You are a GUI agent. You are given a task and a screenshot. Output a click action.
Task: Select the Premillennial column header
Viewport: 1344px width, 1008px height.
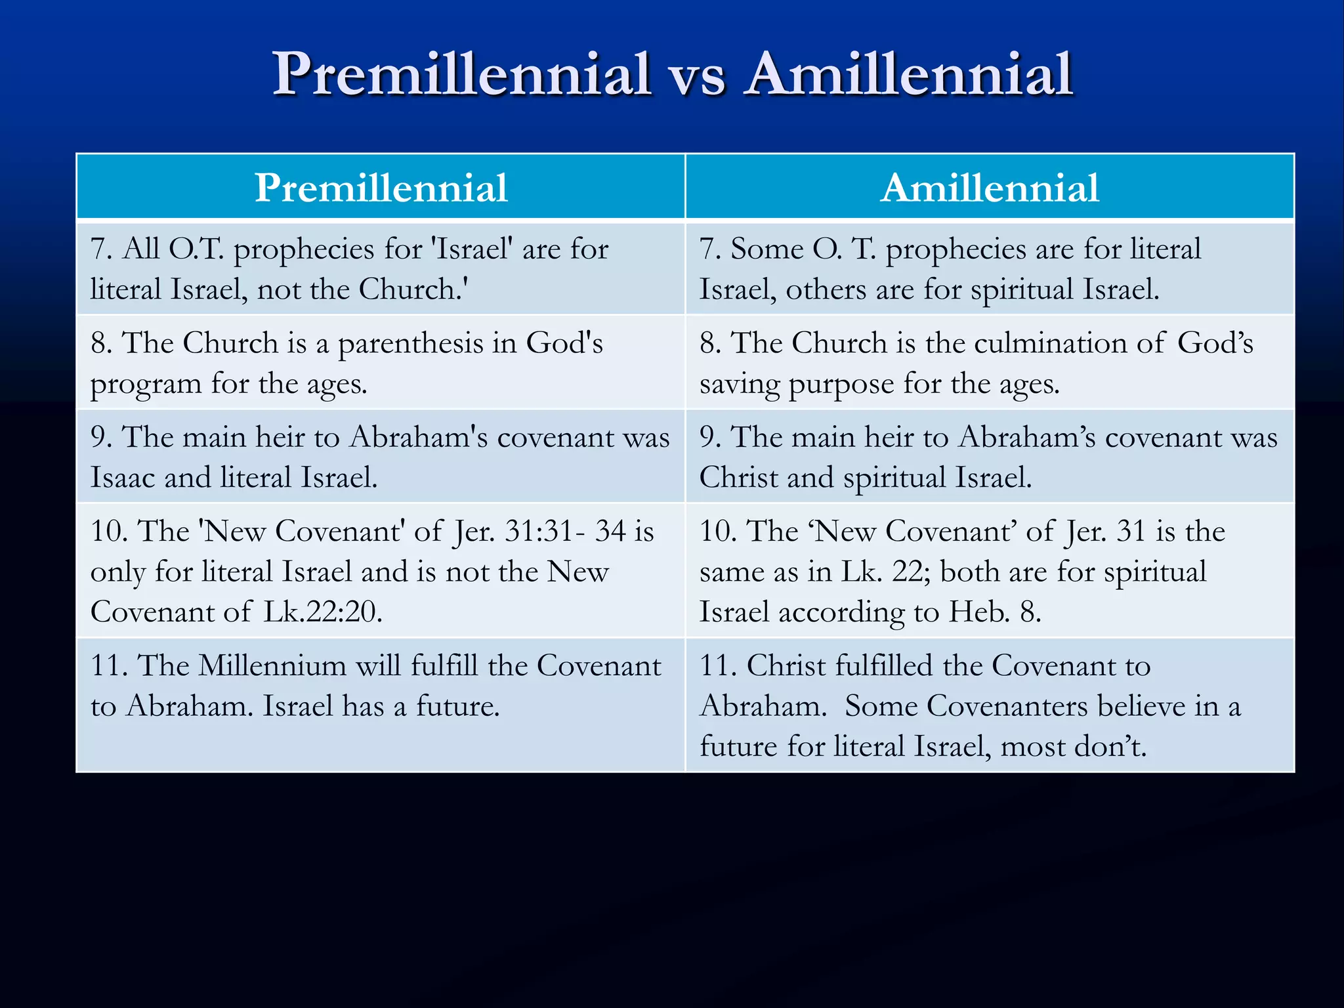[381, 188]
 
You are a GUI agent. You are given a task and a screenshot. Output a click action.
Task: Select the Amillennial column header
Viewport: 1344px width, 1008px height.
[990, 188]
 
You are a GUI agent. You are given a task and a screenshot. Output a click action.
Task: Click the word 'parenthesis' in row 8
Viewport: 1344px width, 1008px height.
[427, 344]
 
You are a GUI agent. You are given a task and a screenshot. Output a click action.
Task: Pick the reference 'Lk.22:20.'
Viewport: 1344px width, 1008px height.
[323, 612]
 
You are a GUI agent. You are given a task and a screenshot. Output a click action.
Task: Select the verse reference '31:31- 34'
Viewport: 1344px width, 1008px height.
[564, 531]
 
